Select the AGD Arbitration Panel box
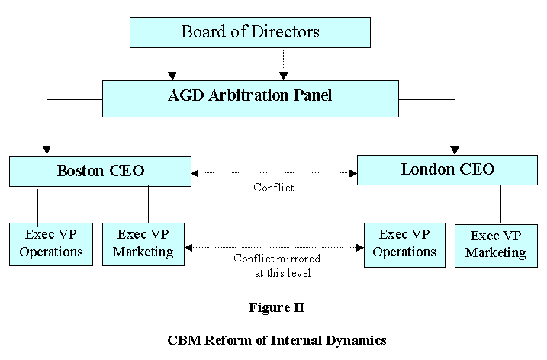250,98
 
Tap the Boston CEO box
100,171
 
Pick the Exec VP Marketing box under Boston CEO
148,243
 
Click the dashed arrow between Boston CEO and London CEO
274,173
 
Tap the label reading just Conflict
274,188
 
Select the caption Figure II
275,307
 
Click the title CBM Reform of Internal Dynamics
275,340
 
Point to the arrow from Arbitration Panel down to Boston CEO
47,126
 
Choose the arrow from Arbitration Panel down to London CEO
455,126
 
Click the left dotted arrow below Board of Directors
172,64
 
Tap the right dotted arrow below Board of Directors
283,64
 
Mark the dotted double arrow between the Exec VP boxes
274,247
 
